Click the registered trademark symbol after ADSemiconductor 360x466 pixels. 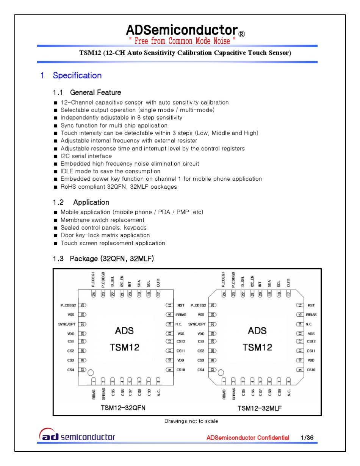pyautogui.click(x=242, y=34)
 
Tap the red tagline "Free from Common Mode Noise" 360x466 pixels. pyautogui.click(x=182, y=41)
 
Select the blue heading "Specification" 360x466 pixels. pyautogui.click(x=77, y=75)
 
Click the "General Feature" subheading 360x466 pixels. pyautogui.click(x=95, y=92)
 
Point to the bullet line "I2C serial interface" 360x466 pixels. pyautogui.click(x=86, y=156)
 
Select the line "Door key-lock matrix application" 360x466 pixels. pyautogui.click(x=105, y=235)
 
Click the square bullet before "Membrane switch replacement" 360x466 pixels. pyautogui.click(x=55, y=220)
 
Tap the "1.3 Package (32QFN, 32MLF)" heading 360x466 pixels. pyautogui.click(x=103, y=259)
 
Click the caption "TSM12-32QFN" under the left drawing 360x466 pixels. pyautogui.click(x=123, y=408)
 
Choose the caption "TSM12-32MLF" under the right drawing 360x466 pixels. pyautogui.click(x=260, y=408)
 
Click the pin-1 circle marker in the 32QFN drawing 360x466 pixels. pyautogui.click(x=91, y=373)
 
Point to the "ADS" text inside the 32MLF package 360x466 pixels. pyautogui.click(x=257, y=331)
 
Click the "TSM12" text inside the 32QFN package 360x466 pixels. pyautogui.click(x=124, y=347)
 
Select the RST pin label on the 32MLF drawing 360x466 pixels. pyautogui.click(x=311, y=305)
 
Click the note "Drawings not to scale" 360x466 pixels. pyautogui.click(x=191, y=421)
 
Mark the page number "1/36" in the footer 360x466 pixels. pyautogui.click(x=307, y=438)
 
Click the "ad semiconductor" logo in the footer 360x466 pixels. pyautogui.click(x=77, y=436)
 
